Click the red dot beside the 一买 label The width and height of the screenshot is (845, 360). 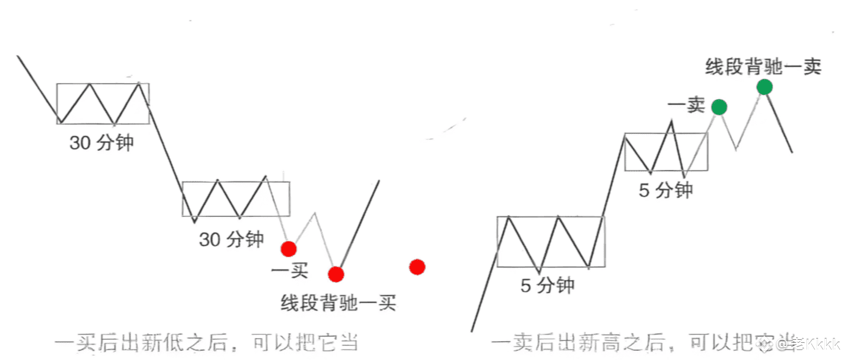coord(288,248)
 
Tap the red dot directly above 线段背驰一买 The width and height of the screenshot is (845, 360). coord(335,274)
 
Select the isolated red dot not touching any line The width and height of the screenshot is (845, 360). coord(417,267)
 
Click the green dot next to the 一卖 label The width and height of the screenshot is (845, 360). coord(719,107)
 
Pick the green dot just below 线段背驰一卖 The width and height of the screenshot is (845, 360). coord(764,87)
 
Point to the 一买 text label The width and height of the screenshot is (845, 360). coord(289,270)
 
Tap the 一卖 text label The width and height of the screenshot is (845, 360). coord(686,106)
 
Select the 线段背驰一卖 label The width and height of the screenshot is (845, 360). coord(763,67)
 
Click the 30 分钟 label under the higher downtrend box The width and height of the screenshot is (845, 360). coord(101,143)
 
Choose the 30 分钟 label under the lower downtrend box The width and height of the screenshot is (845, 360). coord(231,239)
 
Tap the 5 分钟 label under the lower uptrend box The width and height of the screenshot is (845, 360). coord(547,285)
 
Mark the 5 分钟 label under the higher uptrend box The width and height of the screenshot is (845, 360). coord(665,190)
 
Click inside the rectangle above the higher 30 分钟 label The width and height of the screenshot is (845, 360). coord(103,103)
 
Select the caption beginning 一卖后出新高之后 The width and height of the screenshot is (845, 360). coord(642,343)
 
